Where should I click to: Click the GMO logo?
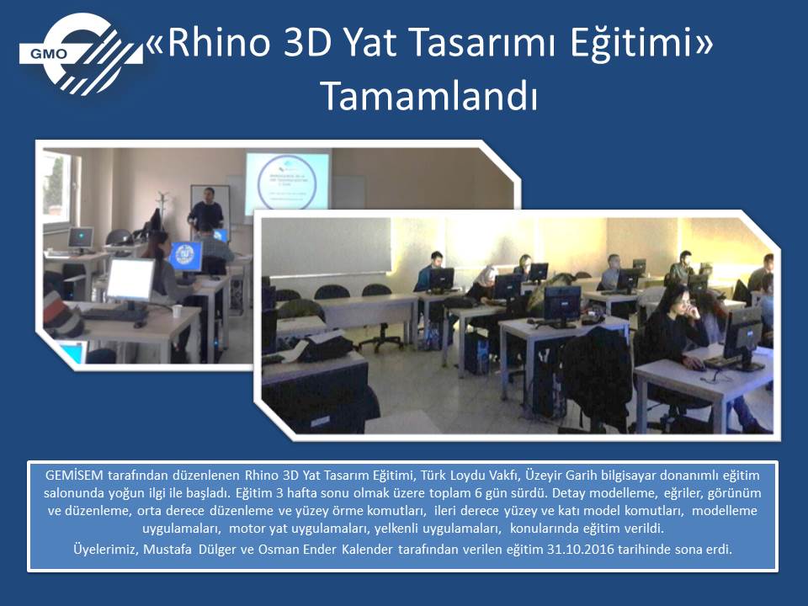[x=81, y=54]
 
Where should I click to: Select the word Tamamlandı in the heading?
[x=429, y=96]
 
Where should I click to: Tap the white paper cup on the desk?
[x=177, y=311]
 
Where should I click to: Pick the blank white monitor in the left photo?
[x=130, y=279]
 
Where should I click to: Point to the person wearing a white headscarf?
[x=485, y=283]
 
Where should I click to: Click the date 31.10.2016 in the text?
[x=581, y=549]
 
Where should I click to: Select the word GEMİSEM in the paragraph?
[x=74, y=475]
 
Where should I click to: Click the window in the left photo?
[x=57, y=188]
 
